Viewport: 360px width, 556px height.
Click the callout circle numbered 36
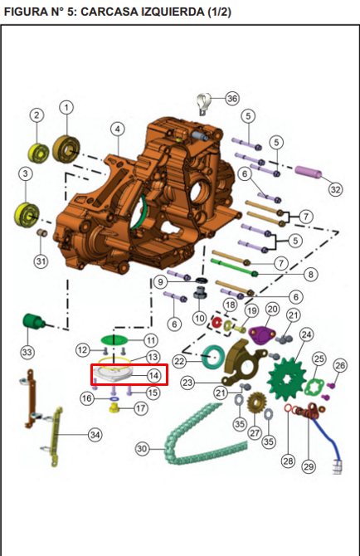click(x=232, y=98)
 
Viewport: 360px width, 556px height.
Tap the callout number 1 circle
click(x=66, y=107)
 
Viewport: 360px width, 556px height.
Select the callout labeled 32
click(x=335, y=189)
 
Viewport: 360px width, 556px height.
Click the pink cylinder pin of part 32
click(x=309, y=171)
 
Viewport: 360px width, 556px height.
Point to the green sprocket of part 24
click(x=285, y=379)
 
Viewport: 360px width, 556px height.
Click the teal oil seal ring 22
click(x=214, y=356)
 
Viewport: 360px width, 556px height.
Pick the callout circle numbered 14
click(x=153, y=375)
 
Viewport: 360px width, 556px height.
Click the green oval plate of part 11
click(x=114, y=339)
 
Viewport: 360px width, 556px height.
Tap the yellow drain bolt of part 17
click(x=114, y=409)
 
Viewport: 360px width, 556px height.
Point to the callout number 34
click(x=95, y=435)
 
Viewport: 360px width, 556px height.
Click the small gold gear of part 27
click(x=254, y=403)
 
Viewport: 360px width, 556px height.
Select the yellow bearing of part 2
click(x=39, y=154)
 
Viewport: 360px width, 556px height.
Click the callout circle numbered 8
click(x=311, y=274)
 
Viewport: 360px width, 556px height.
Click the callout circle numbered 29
click(x=309, y=466)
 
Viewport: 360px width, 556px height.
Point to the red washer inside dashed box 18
click(x=216, y=323)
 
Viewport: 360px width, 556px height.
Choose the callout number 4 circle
click(x=117, y=129)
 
